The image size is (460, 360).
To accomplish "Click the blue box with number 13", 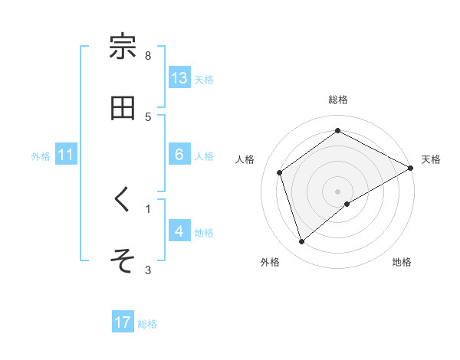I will coord(179,78).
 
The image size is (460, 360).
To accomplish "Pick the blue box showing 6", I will coord(179,155).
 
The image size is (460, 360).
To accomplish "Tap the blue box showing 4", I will coord(179,231).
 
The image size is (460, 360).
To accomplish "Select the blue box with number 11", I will coord(66,155).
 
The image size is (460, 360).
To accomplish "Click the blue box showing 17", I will coord(123,322).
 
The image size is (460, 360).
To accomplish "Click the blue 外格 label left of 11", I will coord(41,155).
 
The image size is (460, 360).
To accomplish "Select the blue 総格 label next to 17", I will coord(147,323).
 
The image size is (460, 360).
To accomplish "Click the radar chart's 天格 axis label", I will coord(431,159).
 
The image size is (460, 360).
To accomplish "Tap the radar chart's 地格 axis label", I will coord(402,262).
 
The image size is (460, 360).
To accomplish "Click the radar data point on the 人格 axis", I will coord(280,172).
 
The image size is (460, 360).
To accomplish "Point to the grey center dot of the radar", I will coord(337,191).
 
